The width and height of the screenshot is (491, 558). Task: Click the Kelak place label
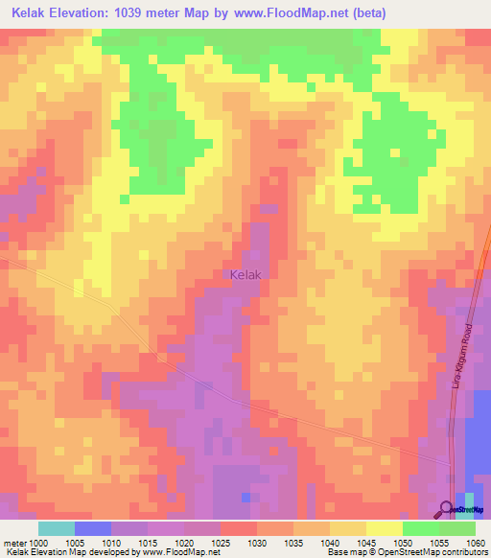coord(246,274)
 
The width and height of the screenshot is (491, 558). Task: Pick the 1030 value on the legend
coord(257,543)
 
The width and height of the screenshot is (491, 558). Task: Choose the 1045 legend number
coord(366,543)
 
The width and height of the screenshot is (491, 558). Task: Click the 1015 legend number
coord(148,543)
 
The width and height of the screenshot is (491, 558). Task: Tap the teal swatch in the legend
coord(57,528)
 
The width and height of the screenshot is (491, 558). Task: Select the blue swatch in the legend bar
coord(93,528)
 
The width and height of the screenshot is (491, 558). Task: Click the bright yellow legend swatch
coord(385,528)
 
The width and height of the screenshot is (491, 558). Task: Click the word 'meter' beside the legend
coord(14,543)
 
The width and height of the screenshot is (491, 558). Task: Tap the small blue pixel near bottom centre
coord(247,497)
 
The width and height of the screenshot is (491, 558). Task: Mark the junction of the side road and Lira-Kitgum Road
coord(452,464)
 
